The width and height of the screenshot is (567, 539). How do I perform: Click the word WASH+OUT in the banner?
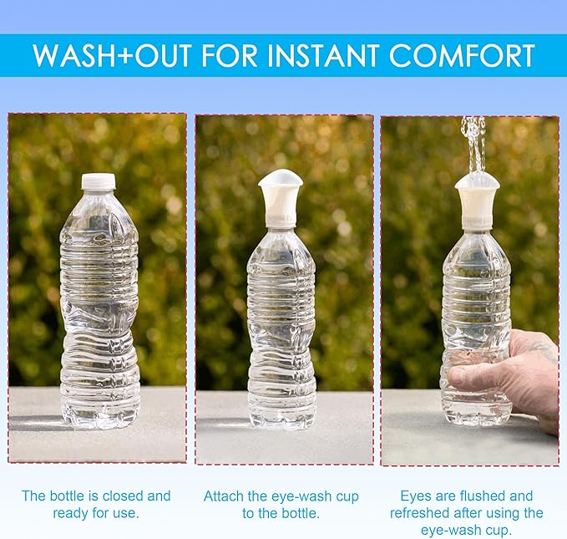click(111, 55)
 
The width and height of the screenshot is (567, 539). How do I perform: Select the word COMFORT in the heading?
click(462, 55)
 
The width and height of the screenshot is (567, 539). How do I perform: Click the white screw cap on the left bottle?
click(99, 181)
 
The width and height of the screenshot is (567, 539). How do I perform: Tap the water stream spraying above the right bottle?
click(473, 145)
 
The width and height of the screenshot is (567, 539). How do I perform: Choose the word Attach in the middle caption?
click(224, 496)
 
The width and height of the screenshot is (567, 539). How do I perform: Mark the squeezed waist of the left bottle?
click(99, 318)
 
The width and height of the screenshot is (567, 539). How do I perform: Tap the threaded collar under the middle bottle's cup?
click(281, 221)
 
